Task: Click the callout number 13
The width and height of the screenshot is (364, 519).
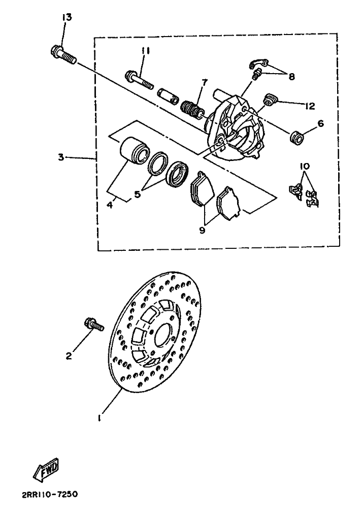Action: [x=67, y=17]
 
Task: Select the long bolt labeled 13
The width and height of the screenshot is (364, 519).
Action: [x=64, y=55]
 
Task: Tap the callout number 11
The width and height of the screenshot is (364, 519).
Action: [x=145, y=51]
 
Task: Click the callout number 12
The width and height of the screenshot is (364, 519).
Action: [x=310, y=106]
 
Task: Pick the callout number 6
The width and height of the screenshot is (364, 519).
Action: [x=320, y=123]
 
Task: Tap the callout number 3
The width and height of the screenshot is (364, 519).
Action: [x=61, y=157]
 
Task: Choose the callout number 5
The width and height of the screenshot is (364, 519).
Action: [x=137, y=194]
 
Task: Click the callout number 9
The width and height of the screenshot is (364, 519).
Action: [x=202, y=230]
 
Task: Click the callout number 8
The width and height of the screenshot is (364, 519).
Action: [x=291, y=77]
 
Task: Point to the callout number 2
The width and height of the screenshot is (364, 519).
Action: [x=69, y=356]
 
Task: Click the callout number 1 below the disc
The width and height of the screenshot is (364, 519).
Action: [x=99, y=418]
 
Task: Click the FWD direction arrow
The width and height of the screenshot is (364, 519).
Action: [x=47, y=470]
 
